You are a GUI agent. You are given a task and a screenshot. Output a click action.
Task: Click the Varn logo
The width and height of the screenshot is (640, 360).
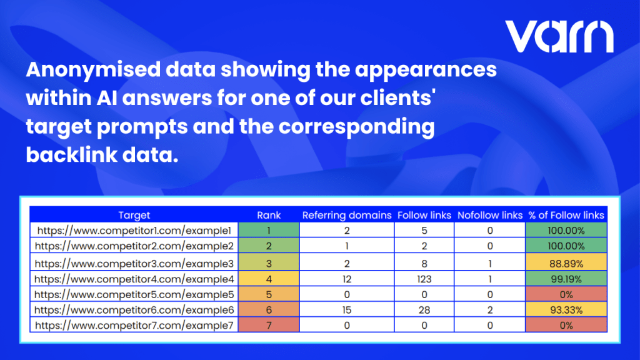[x=559, y=36]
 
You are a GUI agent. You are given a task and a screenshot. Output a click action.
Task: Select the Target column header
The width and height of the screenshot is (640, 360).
[x=134, y=215]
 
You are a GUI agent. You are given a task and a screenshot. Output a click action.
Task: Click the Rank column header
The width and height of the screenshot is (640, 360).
[x=269, y=215]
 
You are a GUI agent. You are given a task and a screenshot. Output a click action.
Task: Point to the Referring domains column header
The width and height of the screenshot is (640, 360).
[x=347, y=215]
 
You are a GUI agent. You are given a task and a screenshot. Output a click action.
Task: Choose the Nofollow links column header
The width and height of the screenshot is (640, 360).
[x=490, y=215]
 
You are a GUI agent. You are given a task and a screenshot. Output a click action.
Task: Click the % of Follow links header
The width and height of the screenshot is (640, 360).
[x=566, y=215]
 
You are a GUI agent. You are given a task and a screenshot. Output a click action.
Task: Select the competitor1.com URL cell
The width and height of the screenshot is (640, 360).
[x=134, y=230]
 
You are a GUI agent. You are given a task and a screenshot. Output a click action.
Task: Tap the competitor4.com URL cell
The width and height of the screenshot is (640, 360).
[x=134, y=279]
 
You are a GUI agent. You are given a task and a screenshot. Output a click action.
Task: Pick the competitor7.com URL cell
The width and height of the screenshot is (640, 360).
[x=134, y=325]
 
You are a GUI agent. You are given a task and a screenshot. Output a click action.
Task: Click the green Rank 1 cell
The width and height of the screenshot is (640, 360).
[x=269, y=230]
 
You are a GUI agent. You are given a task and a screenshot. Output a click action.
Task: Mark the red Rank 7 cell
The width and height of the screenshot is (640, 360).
[x=269, y=325]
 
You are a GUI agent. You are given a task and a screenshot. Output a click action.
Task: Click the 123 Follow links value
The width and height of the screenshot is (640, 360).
[x=424, y=279]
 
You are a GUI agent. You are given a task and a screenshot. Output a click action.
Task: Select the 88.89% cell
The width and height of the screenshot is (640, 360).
[x=566, y=263]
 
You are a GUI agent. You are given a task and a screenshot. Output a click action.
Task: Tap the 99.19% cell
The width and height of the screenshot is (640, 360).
[x=566, y=279]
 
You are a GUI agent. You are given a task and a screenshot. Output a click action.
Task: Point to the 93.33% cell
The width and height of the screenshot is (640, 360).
[x=566, y=309]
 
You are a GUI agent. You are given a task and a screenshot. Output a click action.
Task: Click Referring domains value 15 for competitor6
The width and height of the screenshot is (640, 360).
[x=347, y=309]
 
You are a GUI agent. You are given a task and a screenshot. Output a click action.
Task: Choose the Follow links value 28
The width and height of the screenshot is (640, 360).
[x=424, y=309]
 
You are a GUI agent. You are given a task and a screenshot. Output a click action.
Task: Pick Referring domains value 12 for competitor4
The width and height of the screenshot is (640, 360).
[x=347, y=279]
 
